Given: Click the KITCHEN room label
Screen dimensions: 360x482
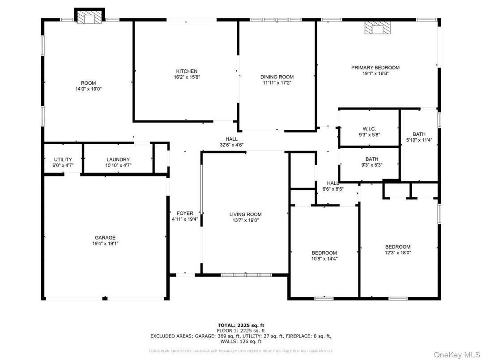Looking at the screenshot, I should [x=187, y=71].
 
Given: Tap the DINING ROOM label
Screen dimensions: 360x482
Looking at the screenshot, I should [x=277, y=77].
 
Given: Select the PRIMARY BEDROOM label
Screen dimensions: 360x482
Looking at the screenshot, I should [x=375, y=68].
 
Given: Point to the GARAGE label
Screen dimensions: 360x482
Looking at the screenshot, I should [x=105, y=238].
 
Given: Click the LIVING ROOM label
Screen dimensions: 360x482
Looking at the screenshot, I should [x=245, y=214].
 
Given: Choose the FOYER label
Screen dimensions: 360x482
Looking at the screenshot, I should [x=185, y=214].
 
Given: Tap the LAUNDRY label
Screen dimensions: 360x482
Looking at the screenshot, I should [x=118, y=159].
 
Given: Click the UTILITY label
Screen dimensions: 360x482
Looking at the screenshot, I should [x=63, y=159].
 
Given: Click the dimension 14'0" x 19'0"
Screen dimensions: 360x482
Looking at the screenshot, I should [x=88, y=89].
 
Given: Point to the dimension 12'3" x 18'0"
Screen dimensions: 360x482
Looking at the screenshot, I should [x=397, y=253].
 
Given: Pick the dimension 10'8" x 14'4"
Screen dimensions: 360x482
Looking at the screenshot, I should [x=324, y=259].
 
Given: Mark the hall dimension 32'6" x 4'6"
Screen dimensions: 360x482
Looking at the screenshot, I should [x=231, y=145].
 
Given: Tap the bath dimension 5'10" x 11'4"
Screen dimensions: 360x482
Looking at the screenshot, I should [x=419, y=140].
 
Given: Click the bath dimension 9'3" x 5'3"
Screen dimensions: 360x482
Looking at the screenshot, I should [x=371, y=165].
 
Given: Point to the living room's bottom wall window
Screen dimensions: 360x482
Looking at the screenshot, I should [x=240, y=274].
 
